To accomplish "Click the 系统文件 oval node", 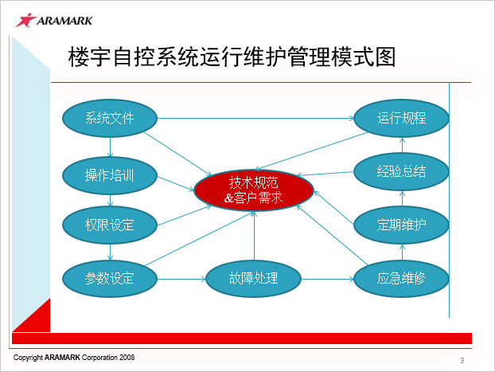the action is click(x=110, y=118).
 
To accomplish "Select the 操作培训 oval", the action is click(x=110, y=175).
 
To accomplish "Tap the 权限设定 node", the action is click(x=110, y=225).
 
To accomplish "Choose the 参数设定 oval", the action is click(x=110, y=279).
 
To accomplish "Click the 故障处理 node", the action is click(x=254, y=279).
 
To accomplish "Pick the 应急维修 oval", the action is click(x=401, y=279).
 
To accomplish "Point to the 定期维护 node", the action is click(x=401, y=225).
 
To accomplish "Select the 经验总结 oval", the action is click(x=401, y=171).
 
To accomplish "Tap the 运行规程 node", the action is click(x=401, y=118).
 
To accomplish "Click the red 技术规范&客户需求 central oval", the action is click(x=254, y=190).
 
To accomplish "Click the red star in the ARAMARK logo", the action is click(x=26, y=20).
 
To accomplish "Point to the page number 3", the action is click(x=462, y=360).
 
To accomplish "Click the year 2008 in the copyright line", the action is click(x=127, y=358).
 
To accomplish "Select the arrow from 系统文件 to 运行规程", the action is click(x=255, y=118).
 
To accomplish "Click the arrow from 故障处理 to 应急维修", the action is click(x=328, y=279).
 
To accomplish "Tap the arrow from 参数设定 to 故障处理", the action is click(x=181, y=279).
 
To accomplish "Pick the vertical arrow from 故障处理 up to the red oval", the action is click(x=254, y=236).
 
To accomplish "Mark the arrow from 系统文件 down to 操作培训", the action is click(x=110, y=147).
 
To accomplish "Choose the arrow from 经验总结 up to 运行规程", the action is click(x=402, y=145).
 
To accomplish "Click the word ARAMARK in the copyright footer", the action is click(x=62, y=358).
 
